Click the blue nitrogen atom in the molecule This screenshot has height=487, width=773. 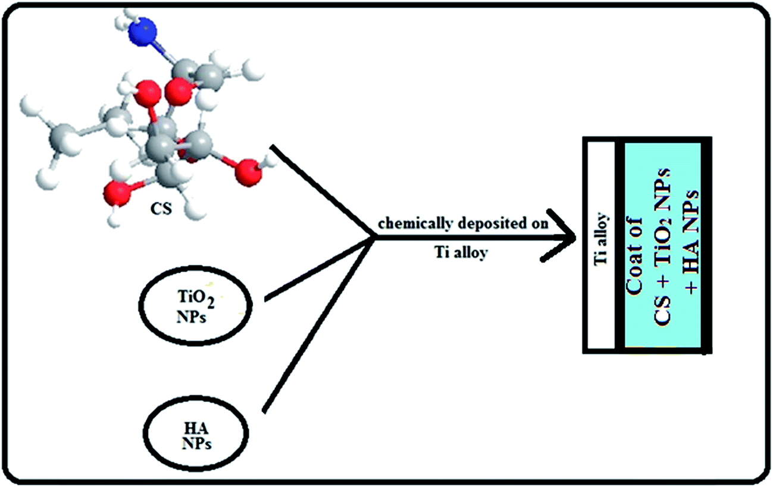(143, 30)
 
